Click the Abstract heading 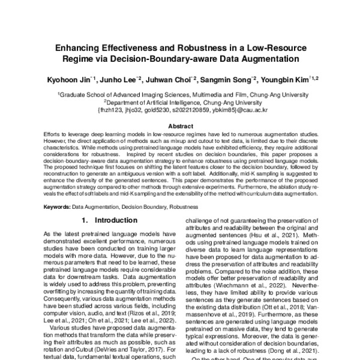point(180,127)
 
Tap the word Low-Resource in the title point(267,47)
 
